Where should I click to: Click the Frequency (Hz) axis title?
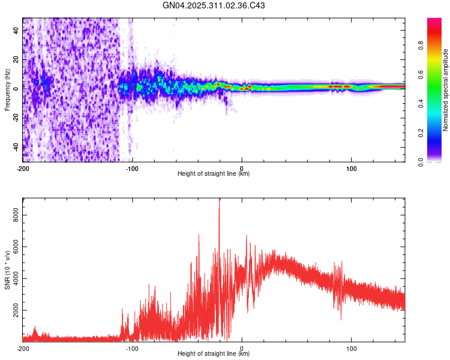point(7,90)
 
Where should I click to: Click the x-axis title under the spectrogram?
point(214,174)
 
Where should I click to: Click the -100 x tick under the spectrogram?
point(132,167)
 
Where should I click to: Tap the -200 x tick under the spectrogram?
point(23,167)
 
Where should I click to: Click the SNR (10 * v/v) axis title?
point(7,270)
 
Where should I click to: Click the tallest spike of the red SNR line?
point(219,202)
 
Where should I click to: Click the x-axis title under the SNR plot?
point(214,354)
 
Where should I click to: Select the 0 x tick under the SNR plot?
point(242,347)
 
